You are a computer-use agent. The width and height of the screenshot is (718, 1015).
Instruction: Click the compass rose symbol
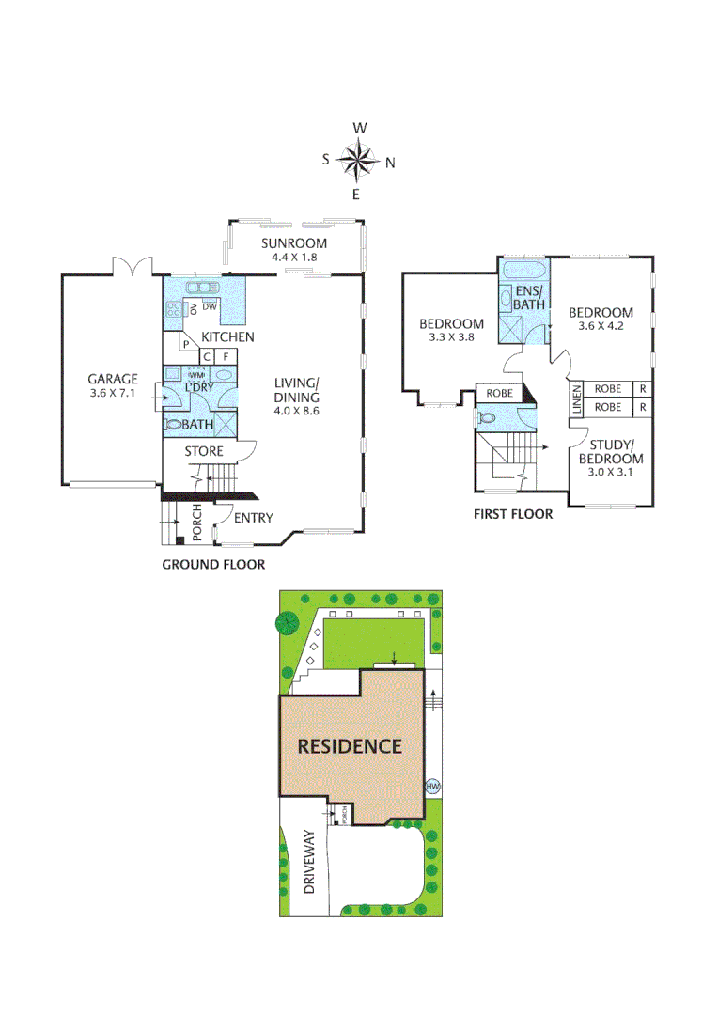pos(358,160)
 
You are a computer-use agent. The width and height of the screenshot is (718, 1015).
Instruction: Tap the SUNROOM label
pos(294,243)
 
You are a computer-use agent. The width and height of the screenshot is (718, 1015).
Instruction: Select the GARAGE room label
pos(114,380)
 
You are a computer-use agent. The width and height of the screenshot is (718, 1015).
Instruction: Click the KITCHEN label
pos(228,337)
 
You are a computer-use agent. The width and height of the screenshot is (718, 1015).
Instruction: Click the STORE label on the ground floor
pos(204,452)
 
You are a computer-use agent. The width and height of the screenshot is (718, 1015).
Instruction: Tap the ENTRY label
pos(253,518)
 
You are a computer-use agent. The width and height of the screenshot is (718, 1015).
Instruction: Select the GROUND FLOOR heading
pos(213,565)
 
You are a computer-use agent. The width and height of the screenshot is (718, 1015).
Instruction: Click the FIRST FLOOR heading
pos(512,514)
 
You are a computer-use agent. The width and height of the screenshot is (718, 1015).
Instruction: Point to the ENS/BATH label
pos(528,298)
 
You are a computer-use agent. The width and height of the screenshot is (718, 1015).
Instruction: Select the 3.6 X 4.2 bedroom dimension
pos(601,328)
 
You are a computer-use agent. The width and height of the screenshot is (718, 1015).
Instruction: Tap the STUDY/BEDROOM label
pos(617,452)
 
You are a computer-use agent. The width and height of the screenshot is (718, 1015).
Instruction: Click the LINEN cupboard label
pos(576,398)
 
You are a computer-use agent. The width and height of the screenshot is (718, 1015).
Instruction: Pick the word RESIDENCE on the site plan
pos(350,747)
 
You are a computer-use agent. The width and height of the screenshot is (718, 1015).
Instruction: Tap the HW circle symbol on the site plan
pos(433,787)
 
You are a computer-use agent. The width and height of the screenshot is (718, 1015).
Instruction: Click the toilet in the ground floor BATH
pos(174,425)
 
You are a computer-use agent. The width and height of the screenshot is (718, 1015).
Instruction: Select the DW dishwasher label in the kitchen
pos(210,307)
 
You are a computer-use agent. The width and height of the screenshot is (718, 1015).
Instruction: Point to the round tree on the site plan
pos(287,621)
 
